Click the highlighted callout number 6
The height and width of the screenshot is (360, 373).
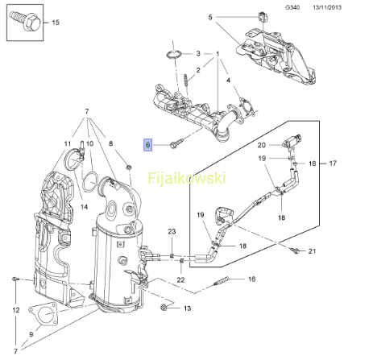[x=147, y=145]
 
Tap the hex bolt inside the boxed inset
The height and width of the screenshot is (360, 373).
[x=25, y=21]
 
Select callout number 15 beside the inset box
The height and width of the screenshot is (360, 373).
[x=56, y=23]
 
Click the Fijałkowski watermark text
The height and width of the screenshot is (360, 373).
[x=187, y=178]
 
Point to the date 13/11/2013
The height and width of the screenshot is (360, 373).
[x=327, y=7]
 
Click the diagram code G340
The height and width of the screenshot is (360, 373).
[x=292, y=7]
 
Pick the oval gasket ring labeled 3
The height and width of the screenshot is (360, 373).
[x=173, y=54]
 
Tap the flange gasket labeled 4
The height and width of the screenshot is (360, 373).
[x=246, y=106]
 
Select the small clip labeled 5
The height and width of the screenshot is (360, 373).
[x=262, y=16]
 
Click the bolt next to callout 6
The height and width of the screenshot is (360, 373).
[x=176, y=143]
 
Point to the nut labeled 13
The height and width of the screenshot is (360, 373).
[x=163, y=308]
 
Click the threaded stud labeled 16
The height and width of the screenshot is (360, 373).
[x=222, y=281]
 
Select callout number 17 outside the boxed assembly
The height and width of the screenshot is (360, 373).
[x=333, y=163]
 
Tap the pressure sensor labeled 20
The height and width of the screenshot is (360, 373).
[x=292, y=142]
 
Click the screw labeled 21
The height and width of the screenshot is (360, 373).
[x=295, y=251]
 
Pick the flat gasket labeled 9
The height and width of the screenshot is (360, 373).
[x=44, y=314]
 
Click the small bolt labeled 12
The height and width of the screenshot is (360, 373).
[x=15, y=279]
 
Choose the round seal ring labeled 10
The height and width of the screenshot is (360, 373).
[x=90, y=182]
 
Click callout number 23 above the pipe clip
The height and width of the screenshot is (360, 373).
[x=172, y=231]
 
